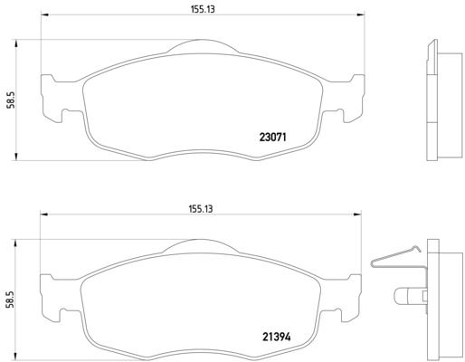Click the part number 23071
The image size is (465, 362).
(x=272, y=138)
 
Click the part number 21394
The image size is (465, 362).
(x=277, y=337)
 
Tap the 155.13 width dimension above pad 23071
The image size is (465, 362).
(x=203, y=9)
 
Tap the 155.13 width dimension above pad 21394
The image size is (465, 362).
(x=201, y=209)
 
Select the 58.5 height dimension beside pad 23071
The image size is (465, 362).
(x=11, y=100)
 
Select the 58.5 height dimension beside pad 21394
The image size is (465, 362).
(x=10, y=300)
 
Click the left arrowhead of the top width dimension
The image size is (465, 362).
(x=44, y=14)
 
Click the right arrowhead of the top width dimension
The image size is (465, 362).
(x=361, y=14)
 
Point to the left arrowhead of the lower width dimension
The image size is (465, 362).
(x=44, y=214)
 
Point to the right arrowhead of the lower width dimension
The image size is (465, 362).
(x=357, y=214)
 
